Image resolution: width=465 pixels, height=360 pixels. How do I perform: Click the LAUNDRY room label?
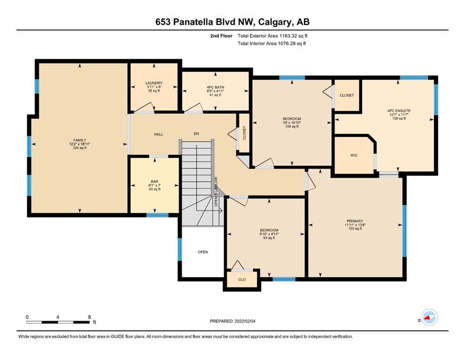click(154, 83)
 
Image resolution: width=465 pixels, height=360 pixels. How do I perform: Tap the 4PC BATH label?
click(215, 88)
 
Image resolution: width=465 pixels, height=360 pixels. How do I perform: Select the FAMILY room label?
click(80, 140)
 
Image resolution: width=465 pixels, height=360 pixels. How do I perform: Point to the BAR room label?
click(155, 181)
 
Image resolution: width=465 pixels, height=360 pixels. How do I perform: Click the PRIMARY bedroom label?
click(355, 221)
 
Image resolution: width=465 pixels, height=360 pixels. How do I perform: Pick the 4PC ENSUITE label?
click(399, 111)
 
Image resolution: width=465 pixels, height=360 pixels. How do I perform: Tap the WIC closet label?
click(354, 155)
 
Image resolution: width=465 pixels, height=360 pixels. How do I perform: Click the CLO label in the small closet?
click(242, 279)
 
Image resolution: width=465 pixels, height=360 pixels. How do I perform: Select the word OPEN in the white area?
click(203, 252)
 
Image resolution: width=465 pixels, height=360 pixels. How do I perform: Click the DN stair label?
click(196, 134)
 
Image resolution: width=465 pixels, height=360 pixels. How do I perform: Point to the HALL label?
click(159, 135)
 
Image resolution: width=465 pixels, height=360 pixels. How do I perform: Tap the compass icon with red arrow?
click(429, 317)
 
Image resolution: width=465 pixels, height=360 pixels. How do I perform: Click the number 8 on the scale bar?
click(89, 317)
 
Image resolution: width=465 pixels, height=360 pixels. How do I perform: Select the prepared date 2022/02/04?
click(245, 321)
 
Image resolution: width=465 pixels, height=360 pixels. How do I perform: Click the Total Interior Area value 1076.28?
click(288, 44)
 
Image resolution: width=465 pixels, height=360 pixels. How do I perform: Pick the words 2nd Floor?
click(221, 36)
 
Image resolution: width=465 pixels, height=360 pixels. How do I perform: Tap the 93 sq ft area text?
click(269, 238)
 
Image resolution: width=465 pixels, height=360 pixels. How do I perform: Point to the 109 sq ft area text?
click(292, 127)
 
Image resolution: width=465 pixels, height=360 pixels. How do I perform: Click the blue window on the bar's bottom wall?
click(157, 215)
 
